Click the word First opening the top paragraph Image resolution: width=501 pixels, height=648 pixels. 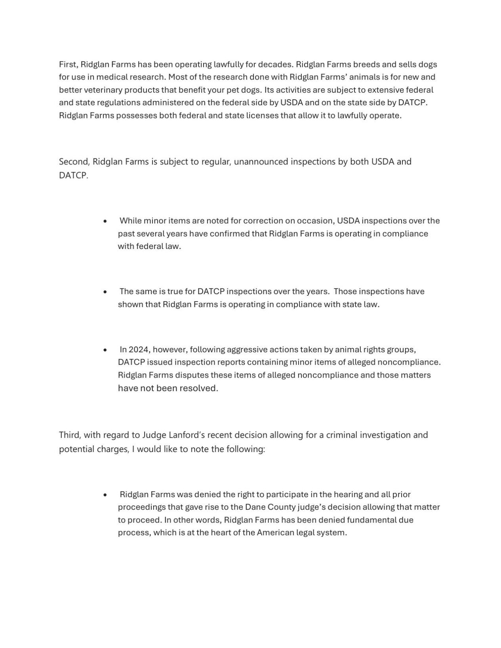[68, 64]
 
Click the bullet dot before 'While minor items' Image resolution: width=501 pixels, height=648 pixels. [105, 221]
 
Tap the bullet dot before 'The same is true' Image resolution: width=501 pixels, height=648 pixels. [105, 292]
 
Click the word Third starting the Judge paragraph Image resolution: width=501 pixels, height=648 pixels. [69, 435]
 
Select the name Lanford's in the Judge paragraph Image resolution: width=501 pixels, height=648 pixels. [187, 435]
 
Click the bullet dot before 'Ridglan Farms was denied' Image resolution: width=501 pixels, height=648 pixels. [105, 495]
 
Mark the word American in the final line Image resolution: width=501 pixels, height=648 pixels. [275, 532]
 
